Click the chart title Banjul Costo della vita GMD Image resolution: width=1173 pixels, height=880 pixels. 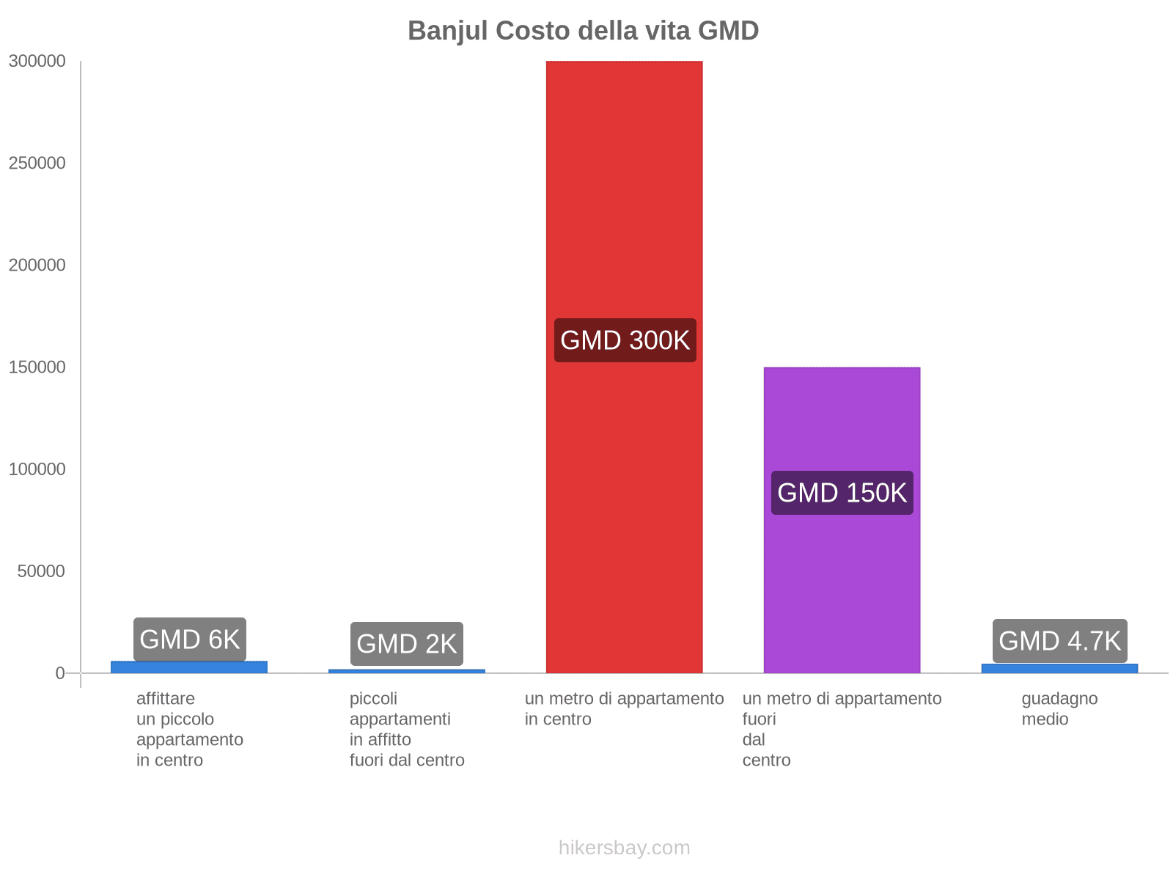(583, 31)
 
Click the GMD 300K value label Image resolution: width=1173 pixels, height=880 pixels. (625, 340)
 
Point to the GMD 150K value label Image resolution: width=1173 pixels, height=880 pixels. (842, 493)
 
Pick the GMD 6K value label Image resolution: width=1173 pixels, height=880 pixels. (189, 639)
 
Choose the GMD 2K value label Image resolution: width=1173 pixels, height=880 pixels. (406, 644)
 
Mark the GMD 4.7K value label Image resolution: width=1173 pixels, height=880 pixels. (1059, 641)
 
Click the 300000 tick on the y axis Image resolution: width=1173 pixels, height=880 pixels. (37, 62)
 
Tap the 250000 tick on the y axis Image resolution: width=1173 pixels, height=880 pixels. (37, 164)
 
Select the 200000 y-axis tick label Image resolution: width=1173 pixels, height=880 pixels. (37, 265)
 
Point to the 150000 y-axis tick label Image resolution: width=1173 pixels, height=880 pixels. (37, 367)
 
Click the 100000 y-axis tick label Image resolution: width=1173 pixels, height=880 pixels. (37, 469)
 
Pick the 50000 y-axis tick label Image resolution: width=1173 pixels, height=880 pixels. (42, 571)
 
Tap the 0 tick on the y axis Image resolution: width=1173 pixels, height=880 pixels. (60, 673)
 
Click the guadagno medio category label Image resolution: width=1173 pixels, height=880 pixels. (1059, 708)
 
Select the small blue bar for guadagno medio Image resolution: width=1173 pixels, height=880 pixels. (1059, 668)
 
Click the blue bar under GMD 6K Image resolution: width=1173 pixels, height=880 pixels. (189, 667)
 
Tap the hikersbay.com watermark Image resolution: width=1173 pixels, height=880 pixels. (624, 848)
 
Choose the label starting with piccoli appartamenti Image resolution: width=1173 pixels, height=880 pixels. (407, 729)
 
